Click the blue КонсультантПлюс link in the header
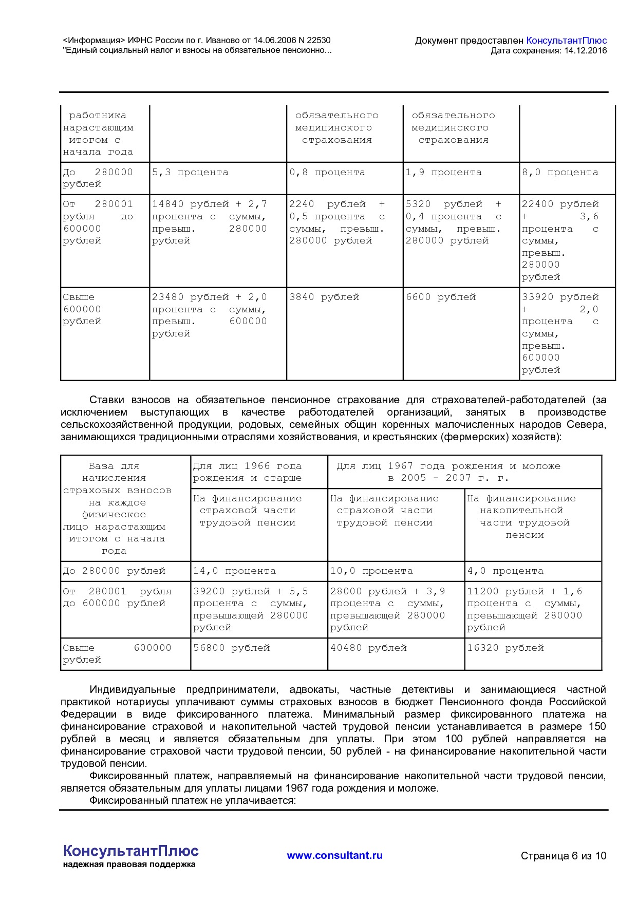pyautogui.click(x=567, y=41)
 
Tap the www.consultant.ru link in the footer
pyautogui.click(x=334, y=855)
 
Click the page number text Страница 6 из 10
pyautogui.click(x=563, y=856)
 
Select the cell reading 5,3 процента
pyautogui.click(x=190, y=173)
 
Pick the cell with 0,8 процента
pyautogui.click(x=327, y=173)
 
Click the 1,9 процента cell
pyautogui.click(x=444, y=173)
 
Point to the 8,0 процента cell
pyautogui.click(x=560, y=173)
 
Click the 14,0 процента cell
pyautogui.click(x=234, y=571)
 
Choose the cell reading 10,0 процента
pyautogui.click(x=371, y=571)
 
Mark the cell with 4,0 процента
pyautogui.click(x=505, y=571)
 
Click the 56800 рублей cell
pyautogui.click(x=231, y=648)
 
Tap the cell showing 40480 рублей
pyautogui.click(x=368, y=648)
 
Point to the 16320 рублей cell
pyautogui.click(x=505, y=648)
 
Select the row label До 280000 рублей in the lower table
pyautogui.click(x=114, y=571)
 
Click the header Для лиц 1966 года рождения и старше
pyautogui.click(x=247, y=472)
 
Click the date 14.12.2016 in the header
pyautogui.click(x=585, y=51)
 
